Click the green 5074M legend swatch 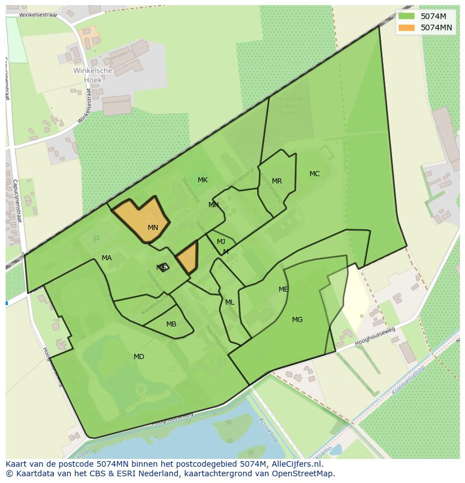pyautogui.click(x=406, y=16)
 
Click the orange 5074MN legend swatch pyautogui.click(x=406, y=27)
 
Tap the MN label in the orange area pyautogui.click(x=153, y=228)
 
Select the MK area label pyautogui.click(x=203, y=180)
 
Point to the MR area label pyautogui.click(x=277, y=181)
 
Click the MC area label pyautogui.click(x=314, y=174)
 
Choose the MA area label pyautogui.click(x=107, y=258)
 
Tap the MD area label pyautogui.click(x=139, y=357)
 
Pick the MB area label pyautogui.click(x=171, y=324)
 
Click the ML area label pyautogui.click(x=230, y=302)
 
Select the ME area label pyautogui.click(x=284, y=289)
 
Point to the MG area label pyautogui.click(x=297, y=320)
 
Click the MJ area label pyautogui.click(x=221, y=242)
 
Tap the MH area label pyautogui.click(x=213, y=205)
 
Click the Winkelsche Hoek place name pyautogui.click(x=93, y=75)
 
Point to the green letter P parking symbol pyautogui.click(x=96, y=240)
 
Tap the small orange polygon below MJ pyautogui.click(x=188, y=257)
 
